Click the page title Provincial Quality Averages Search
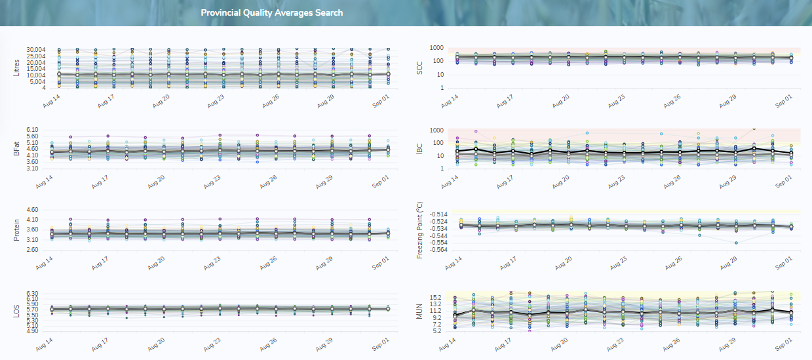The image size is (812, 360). tap(271, 13)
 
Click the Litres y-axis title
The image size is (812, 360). tap(17, 68)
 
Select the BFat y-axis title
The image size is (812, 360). tap(17, 149)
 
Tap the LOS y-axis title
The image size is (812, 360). tap(17, 311)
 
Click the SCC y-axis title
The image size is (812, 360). tap(420, 68)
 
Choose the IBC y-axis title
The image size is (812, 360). tap(420, 149)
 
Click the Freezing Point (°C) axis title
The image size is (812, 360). tap(420, 230)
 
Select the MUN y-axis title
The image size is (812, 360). tap(420, 311)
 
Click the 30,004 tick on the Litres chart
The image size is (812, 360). tap(35, 50)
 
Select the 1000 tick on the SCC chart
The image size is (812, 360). tap(437, 48)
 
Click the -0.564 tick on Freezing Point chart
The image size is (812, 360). tap(435, 249)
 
